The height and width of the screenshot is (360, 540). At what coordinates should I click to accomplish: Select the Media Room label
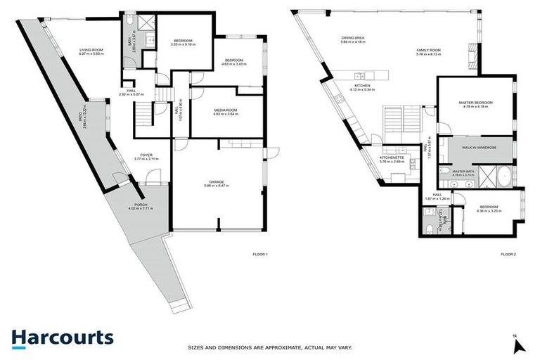click(226, 111)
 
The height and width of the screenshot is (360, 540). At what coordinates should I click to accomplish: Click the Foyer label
click(146, 157)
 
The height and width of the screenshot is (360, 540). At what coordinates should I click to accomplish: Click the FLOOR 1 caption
click(260, 254)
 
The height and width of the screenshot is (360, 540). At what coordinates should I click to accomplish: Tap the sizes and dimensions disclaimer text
click(269, 347)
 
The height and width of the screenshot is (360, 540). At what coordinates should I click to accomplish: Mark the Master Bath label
click(463, 172)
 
